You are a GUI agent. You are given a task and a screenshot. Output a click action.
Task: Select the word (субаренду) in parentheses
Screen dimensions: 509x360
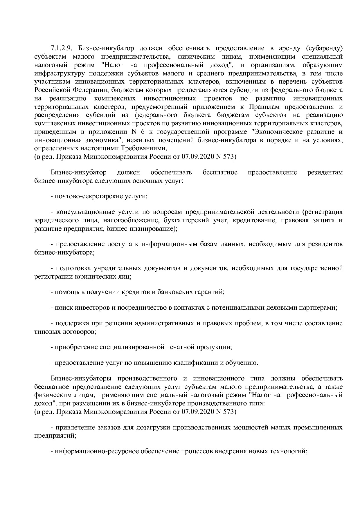click(324, 48)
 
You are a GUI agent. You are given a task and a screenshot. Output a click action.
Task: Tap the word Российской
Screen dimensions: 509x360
click(51, 90)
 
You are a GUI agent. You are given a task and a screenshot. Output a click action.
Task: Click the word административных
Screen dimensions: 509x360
click(163, 323)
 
